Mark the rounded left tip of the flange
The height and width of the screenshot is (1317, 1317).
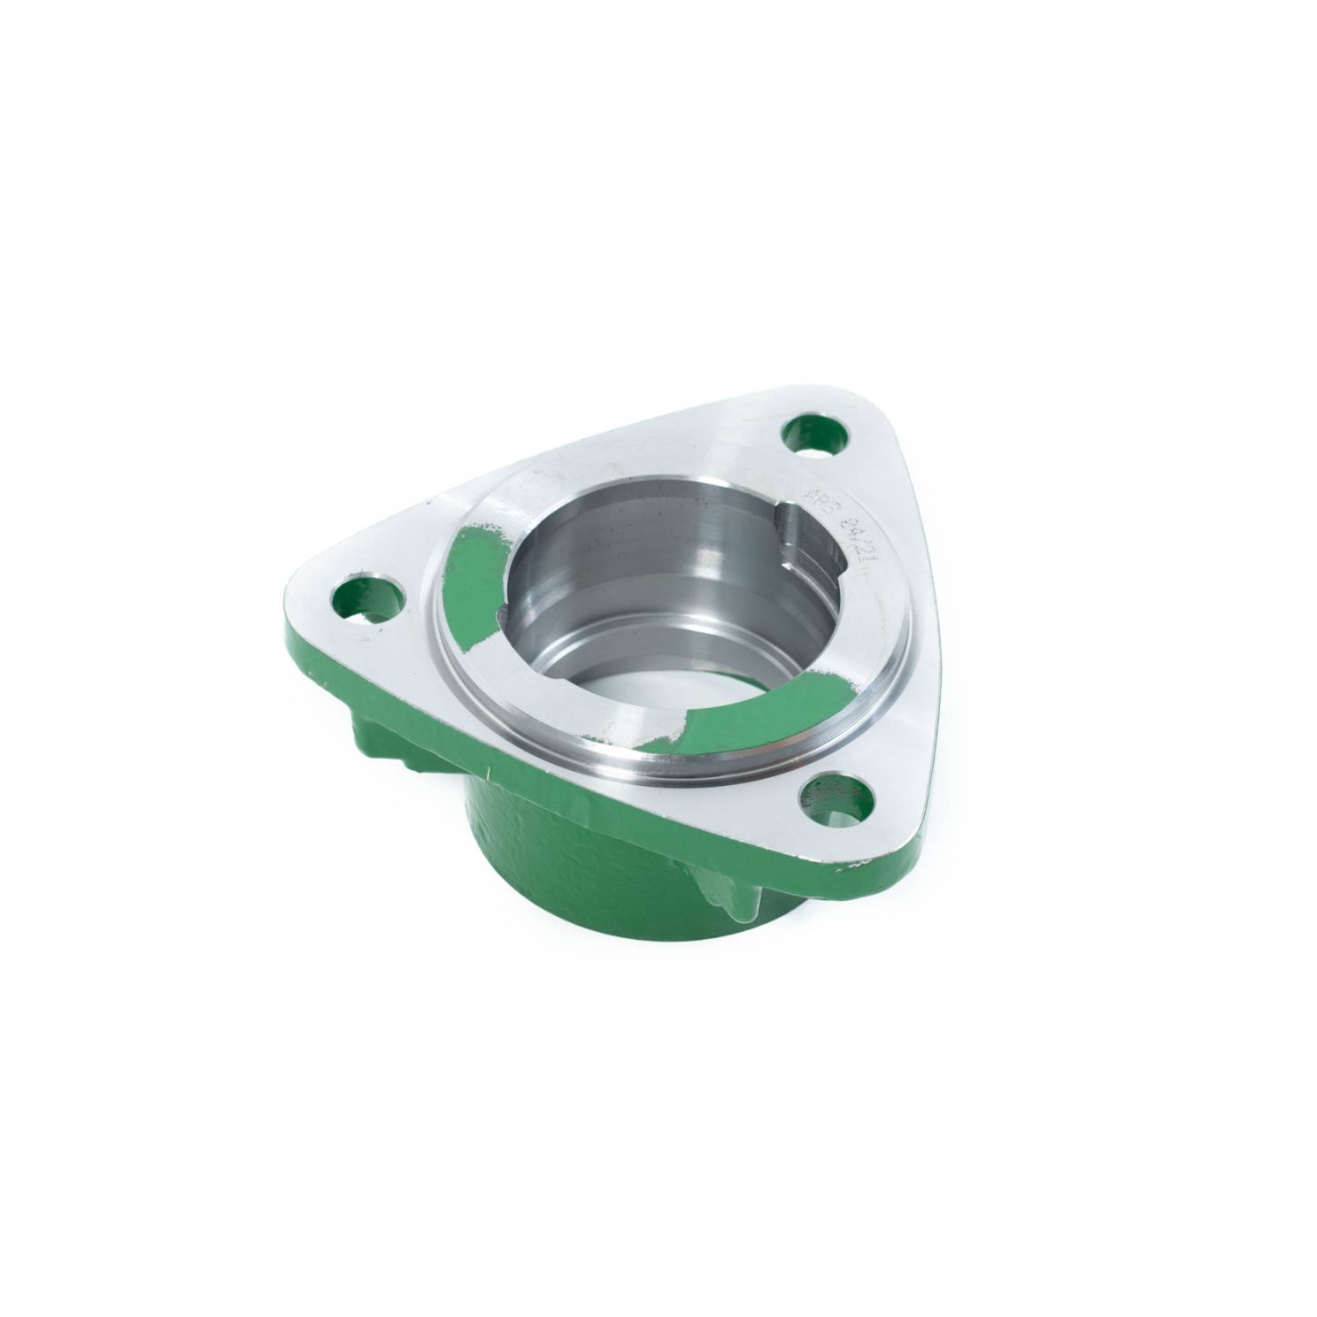292,611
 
